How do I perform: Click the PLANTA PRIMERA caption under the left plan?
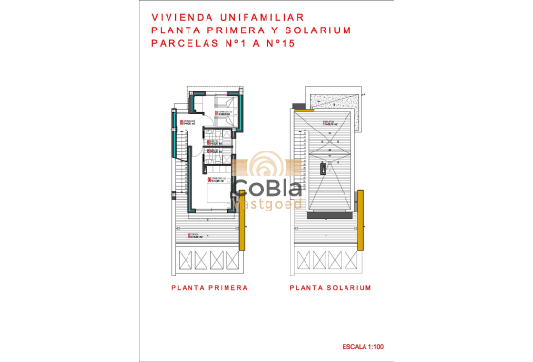coord(209,287)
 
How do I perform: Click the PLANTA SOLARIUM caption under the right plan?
coord(330,287)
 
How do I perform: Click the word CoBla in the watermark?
coord(267,188)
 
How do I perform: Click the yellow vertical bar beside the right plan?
coord(362,206)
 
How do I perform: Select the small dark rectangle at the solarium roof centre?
coord(324,169)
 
